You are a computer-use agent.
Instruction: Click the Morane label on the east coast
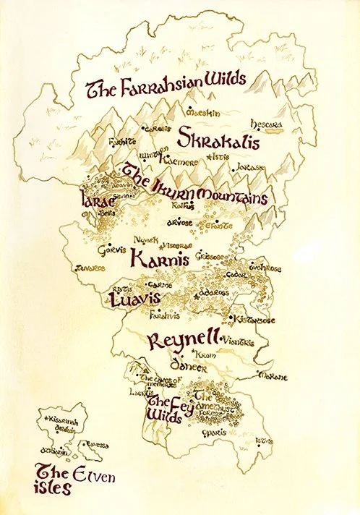pyautogui.click(x=273, y=376)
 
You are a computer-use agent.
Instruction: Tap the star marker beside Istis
pyautogui.click(x=210, y=157)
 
